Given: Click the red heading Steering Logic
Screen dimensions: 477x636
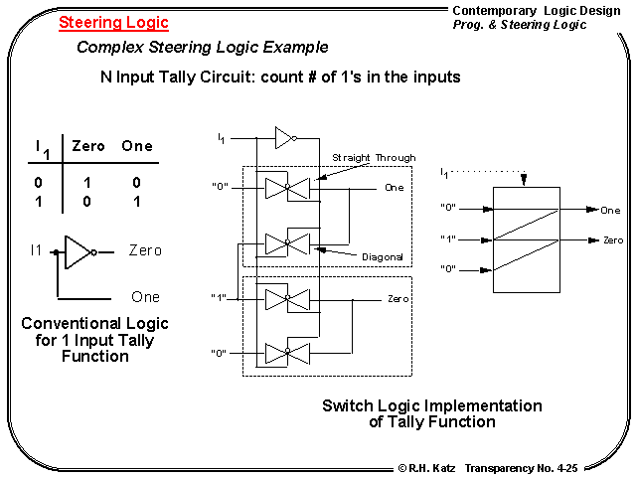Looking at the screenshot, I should click(x=113, y=23).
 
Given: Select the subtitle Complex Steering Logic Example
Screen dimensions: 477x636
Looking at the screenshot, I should click(x=202, y=48).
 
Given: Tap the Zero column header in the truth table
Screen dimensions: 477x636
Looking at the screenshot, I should click(x=88, y=146).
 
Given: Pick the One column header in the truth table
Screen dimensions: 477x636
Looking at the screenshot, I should click(x=137, y=146).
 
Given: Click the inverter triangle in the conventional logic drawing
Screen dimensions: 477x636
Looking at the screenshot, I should click(x=79, y=252).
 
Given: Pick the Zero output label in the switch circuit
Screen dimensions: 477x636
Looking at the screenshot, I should click(x=398, y=298).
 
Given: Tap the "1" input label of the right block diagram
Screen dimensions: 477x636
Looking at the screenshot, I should click(x=448, y=239).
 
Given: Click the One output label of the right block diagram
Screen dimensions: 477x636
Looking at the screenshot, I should click(x=610, y=211).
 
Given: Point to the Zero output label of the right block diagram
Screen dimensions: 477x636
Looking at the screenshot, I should click(x=613, y=240).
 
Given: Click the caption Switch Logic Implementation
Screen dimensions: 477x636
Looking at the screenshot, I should click(x=432, y=405).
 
